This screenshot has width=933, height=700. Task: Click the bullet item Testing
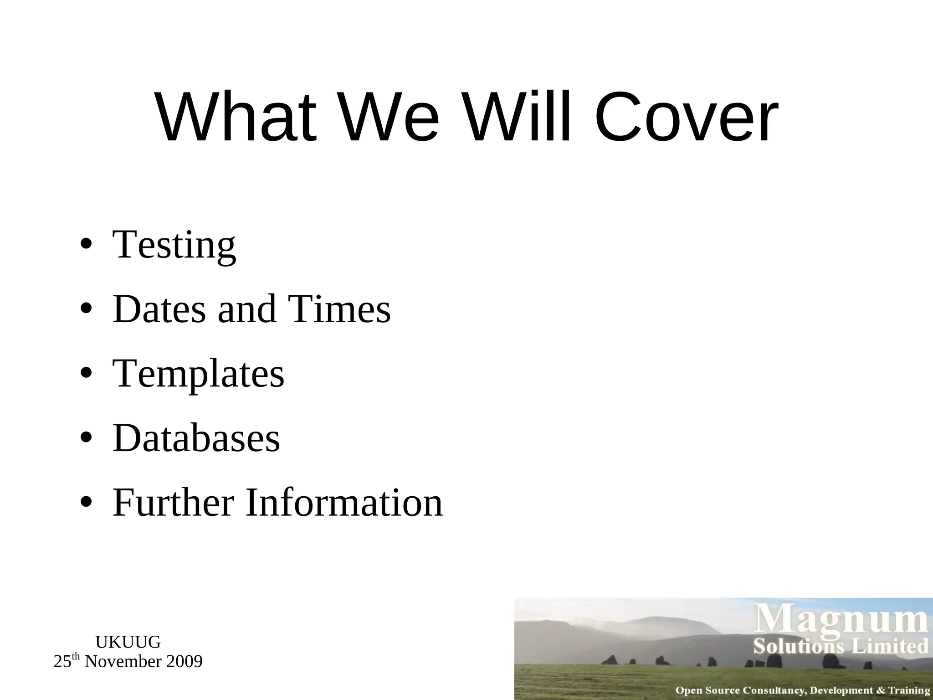(174, 245)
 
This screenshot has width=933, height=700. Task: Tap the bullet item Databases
(196, 438)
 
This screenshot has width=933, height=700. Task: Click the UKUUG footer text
(128, 642)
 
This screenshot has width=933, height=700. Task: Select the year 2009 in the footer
(184, 661)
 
